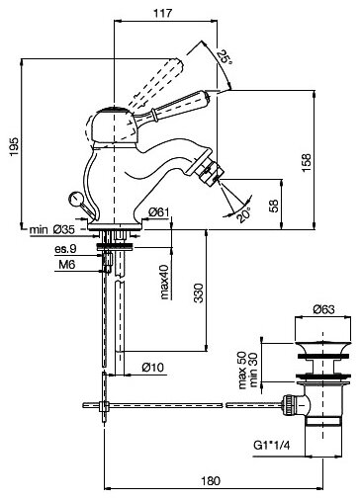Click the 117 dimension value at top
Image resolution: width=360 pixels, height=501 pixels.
point(163,13)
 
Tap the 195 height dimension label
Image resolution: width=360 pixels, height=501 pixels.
point(15,146)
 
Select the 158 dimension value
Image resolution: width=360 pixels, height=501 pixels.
point(307,162)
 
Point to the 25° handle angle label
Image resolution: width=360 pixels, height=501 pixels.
point(225,57)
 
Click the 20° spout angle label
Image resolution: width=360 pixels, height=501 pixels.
point(244,214)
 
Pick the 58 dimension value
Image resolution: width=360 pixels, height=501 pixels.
point(274,206)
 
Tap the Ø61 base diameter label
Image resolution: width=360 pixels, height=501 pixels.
point(159,212)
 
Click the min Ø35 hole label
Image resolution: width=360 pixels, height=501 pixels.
point(52,229)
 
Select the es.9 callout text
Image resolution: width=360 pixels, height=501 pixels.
point(65,249)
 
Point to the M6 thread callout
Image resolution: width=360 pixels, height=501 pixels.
point(67,264)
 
